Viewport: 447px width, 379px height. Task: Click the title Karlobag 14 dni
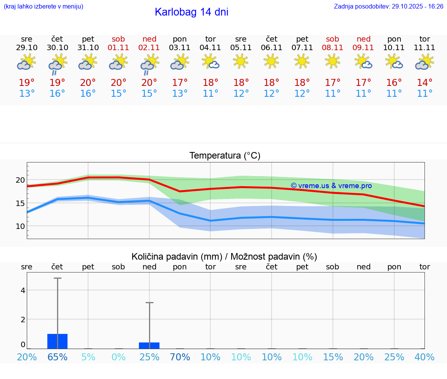[191, 12]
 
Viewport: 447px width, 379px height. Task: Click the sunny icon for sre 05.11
[241, 61]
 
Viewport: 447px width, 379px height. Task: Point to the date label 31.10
[88, 48]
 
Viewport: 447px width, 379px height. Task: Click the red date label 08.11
[333, 48]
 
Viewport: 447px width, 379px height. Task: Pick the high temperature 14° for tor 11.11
[424, 83]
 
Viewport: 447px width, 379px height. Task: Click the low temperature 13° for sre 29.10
[27, 94]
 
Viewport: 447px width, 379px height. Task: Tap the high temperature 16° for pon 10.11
[394, 83]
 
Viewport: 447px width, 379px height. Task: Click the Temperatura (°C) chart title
[225, 156]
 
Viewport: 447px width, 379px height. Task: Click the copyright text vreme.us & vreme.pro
[331, 186]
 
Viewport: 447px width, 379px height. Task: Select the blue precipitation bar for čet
[57, 341]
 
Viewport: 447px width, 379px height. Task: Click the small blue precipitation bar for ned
[149, 346]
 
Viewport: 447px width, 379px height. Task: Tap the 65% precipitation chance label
[57, 357]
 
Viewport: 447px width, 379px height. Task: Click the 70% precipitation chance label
[180, 357]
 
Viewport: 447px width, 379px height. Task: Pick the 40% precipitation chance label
[424, 357]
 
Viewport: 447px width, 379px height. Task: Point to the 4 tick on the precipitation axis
[23, 290]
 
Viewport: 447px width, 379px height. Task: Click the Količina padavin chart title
[224, 257]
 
